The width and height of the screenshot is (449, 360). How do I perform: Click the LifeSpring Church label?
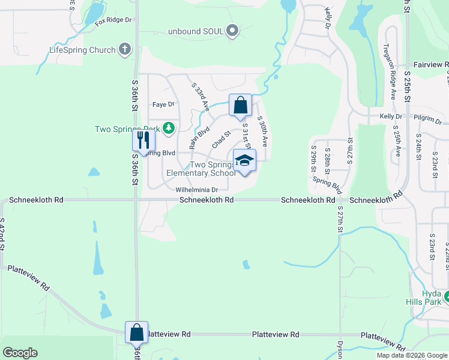tap(82, 50)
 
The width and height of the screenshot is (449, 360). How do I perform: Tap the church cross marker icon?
tap(125, 49)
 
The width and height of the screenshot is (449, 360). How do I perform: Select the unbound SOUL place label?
tap(196, 31)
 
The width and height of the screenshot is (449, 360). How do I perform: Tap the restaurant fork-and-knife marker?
tap(143, 141)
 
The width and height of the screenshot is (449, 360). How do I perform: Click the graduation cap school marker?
tap(244, 161)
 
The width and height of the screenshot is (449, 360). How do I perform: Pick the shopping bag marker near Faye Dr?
tap(240, 106)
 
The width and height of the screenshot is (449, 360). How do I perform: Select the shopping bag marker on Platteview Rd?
tap(136, 332)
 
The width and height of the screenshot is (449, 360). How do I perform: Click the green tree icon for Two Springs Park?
tap(169, 128)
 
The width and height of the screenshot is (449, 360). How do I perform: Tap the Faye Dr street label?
tap(163, 104)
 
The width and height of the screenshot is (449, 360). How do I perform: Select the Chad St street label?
tap(221, 142)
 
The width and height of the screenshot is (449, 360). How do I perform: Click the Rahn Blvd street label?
tap(199, 136)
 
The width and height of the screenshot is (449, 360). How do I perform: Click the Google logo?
tap(20, 353)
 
